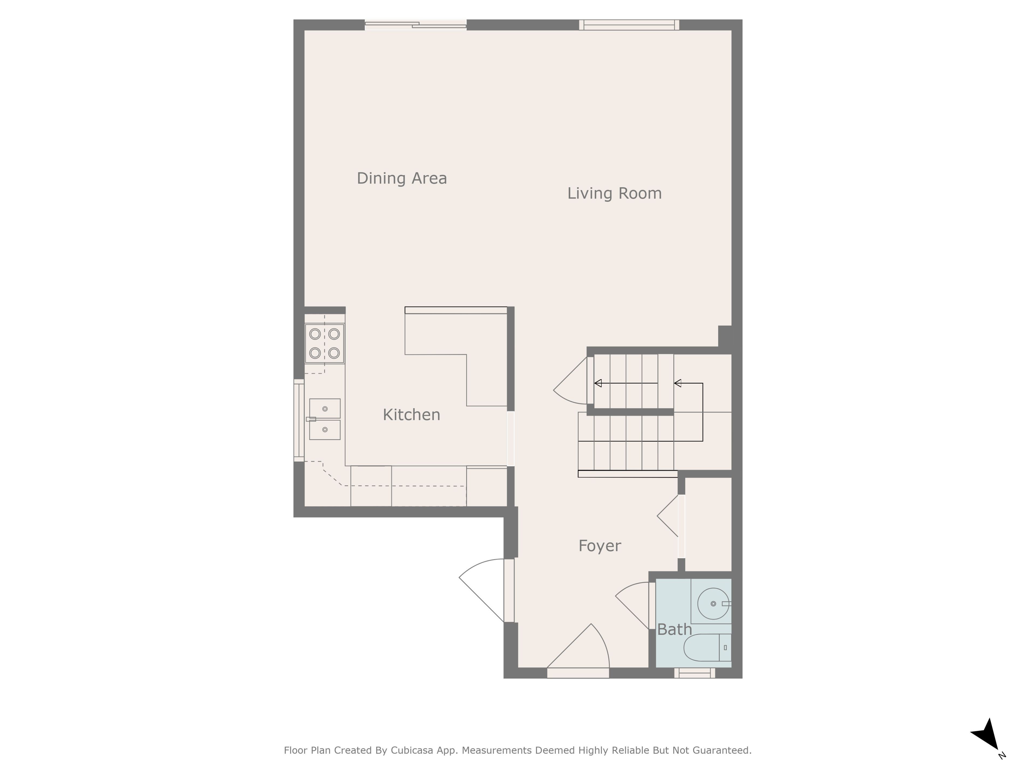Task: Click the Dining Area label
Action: pyautogui.click(x=402, y=178)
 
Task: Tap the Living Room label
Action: pyautogui.click(x=615, y=193)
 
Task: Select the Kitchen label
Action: pyautogui.click(x=411, y=415)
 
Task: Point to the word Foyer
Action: pyautogui.click(x=599, y=546)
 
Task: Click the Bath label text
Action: pyautogui.click(x=674, y=629)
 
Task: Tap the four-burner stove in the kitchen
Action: pyautogui.click(x=325, y=343)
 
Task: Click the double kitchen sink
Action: pyautogui.click(x=325, y=419)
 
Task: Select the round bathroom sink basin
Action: pyautogui.click(x=713, y=604)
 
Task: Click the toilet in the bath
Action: pyautogui.click(x=707, y=648)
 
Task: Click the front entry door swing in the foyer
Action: pyautogui.click(x=578, y=649)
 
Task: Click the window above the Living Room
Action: pyautogui.click(x=629, y=25)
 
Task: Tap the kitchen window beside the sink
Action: pyautogui.click(x=299, y=420)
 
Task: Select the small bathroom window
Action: pyautogui.click(x=694, y=673)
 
